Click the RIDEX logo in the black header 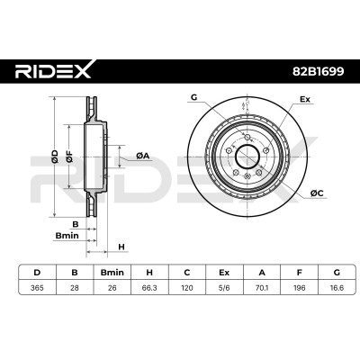pyautogui.click(x=53, y=70)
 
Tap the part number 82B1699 pyautogui.click(x=318, y=71)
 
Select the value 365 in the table pyautogui.click(x=37, y=288)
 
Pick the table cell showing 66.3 pyautogui.click(x=149, y=288)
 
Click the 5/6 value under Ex pyautogui.click(x=224, y=288)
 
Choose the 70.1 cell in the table pyautogui.click(x=262, y=288)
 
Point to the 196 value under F pyautogui.click(x=300, y=288)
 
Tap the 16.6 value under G pyautogui.click(x=337, y=288)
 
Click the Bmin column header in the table pyautogui.click(x=112, y=273)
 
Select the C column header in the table pyautogui.click(x=187, y=273)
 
